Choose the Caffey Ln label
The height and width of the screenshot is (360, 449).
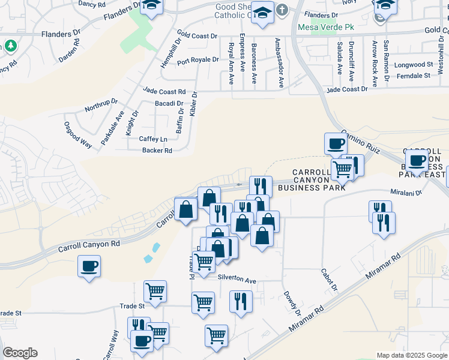(152, 139)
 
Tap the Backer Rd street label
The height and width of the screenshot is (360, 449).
(157, 151)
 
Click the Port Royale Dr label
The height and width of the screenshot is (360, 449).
(197, 60)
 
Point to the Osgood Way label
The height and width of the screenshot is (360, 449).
(77, 135)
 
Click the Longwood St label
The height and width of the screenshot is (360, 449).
(413, 65)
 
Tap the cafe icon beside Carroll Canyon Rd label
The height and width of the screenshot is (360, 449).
(89, 266)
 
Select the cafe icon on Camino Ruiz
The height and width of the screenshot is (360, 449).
(336, 144)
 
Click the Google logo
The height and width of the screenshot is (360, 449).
(20, 353)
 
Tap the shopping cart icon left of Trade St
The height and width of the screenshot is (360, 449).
(155, 292)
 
